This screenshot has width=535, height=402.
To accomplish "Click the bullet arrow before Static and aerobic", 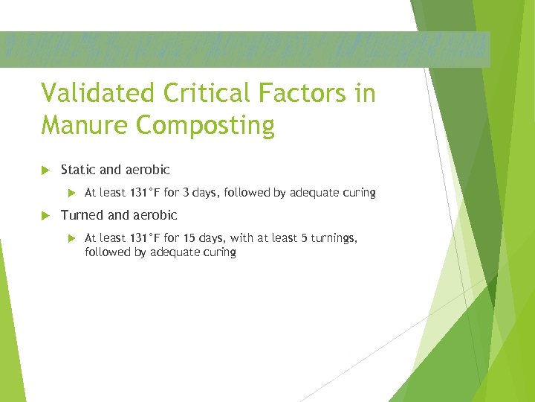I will (x=46, y=170).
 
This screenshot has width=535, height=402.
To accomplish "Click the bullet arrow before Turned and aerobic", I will (x=46, y=216).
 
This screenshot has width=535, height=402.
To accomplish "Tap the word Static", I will (x=77, y=170).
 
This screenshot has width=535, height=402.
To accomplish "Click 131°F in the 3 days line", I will (x=145, y=193).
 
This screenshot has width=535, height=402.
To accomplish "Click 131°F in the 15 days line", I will (x=145, y=238).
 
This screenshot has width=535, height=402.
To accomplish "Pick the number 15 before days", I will (x=189, y=238).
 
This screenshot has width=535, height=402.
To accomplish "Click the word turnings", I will (x=334, y=238).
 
